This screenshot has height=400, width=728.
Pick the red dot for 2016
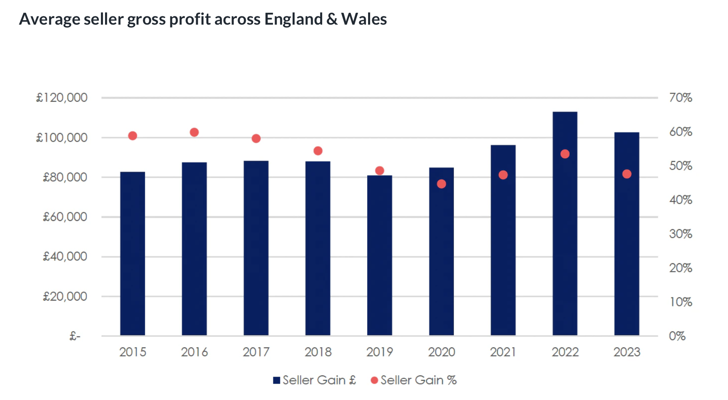tap(195, 132)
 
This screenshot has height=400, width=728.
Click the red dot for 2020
tap(442, 184)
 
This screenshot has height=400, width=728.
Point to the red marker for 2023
tap(627, 174)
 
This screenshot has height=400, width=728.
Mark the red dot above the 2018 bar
tap(318, 151)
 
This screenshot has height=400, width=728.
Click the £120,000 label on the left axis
tap(62, 98)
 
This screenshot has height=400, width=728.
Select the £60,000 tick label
tap(65, 217)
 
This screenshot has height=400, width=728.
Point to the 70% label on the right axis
tap(680, 98)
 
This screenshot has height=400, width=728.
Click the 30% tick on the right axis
tap(680, 234)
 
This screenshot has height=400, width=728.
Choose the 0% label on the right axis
tap(677, 336)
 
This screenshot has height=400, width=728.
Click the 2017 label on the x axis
tap(256, 352)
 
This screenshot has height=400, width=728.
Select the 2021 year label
tap(503, 352)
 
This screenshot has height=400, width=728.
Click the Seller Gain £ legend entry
tap(315, 380)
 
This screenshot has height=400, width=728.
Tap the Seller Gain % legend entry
tap(414, 380)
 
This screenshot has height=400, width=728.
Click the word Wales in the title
tap(364, 19)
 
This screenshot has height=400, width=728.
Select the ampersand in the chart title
tap(332, 19)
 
